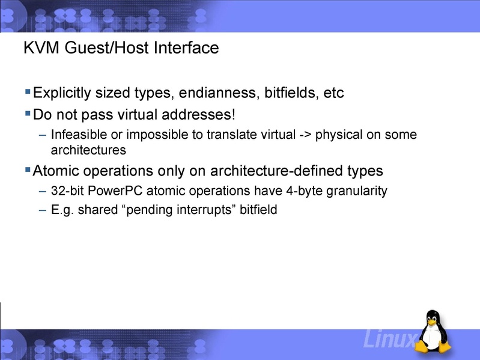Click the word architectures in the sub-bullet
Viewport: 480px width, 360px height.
coord(88,149)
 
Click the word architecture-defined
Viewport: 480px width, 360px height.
coord(275,171)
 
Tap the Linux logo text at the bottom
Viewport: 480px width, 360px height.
coord(388,341)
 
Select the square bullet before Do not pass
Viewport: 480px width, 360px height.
coord(28,112)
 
